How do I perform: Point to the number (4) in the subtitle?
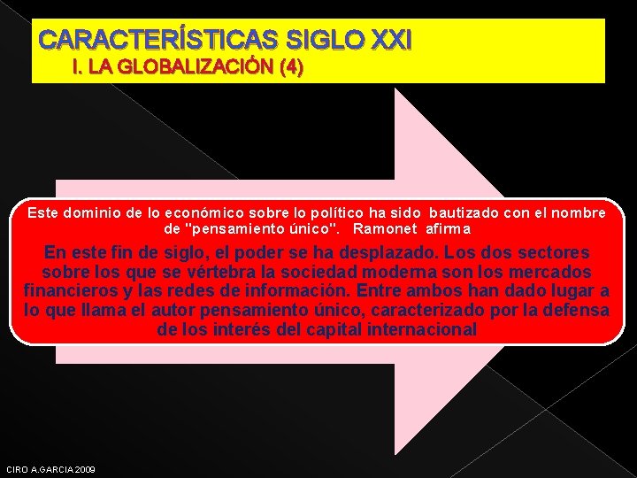coord(290,68)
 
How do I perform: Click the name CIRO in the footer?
coord(17,469)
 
